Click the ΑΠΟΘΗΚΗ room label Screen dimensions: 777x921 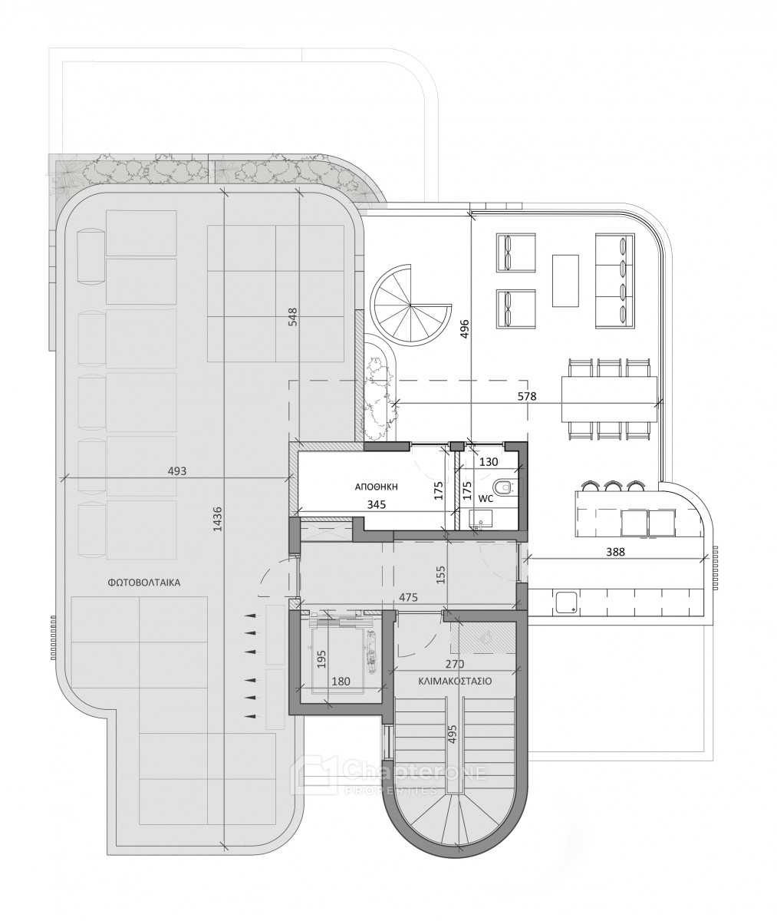[376, 487]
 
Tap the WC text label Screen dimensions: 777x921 [486, 500]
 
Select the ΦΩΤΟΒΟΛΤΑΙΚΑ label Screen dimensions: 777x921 [143, 583]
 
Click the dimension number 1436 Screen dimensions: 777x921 [217, 519]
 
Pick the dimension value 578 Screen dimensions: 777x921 [527, 396]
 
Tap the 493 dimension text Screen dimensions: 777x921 [177, 471]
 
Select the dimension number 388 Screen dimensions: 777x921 [615, 552]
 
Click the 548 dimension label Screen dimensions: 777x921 [292, 317]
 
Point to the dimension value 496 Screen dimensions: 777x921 [464, 329]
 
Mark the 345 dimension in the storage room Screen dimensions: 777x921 [376, 504]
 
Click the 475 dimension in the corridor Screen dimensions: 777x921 [408, 598]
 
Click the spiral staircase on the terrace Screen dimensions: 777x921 [411, 305]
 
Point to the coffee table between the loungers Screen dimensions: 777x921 [565, 281]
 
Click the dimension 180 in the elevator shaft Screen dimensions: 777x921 [341, 682]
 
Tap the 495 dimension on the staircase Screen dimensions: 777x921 [452, 734]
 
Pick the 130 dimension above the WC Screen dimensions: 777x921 [489, 462]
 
